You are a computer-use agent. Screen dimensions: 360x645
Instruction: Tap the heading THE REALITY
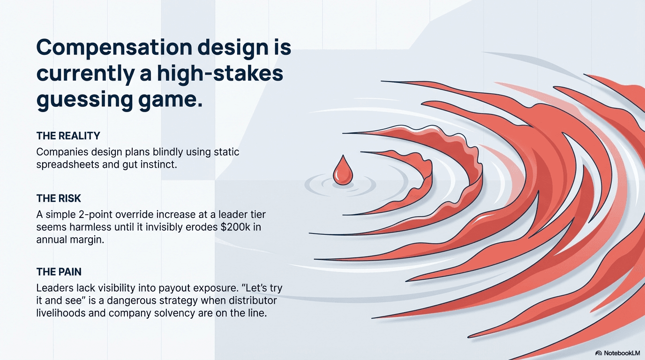[x=68, y=136]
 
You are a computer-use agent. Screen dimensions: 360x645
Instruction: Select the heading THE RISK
[x=59, y=199]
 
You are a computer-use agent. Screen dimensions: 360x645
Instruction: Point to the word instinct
[x=157, y=165]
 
